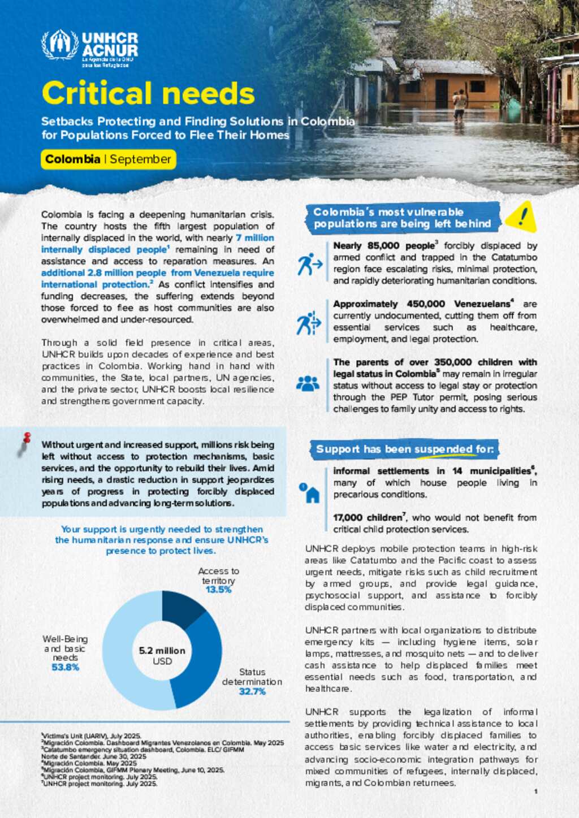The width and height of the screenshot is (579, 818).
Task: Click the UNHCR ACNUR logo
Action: click(89, 49)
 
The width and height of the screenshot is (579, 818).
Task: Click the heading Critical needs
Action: click(148, 93)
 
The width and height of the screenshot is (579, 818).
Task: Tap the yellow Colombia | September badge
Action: click(108, 159)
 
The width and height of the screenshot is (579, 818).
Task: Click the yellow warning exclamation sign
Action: click(521, 217)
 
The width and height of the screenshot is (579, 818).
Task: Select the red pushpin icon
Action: click(25, 442)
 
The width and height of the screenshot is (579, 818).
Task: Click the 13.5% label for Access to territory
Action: click(218, 590)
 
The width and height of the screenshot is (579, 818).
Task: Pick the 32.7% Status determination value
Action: click(252, 691)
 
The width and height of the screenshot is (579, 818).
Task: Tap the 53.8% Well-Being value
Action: click(65, 667)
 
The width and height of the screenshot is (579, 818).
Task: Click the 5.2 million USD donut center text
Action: click(162, 656)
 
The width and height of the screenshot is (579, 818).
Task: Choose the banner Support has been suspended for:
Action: click(404, 449)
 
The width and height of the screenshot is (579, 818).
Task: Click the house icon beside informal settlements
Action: click(310, 493)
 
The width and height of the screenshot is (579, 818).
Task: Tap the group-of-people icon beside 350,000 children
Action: click(308, 384)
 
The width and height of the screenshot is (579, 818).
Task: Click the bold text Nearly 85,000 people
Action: click(383, 246)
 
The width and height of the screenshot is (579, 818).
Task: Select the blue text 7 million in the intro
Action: click(254, 238)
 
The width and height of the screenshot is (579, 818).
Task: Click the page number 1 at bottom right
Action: click(535, 791)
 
